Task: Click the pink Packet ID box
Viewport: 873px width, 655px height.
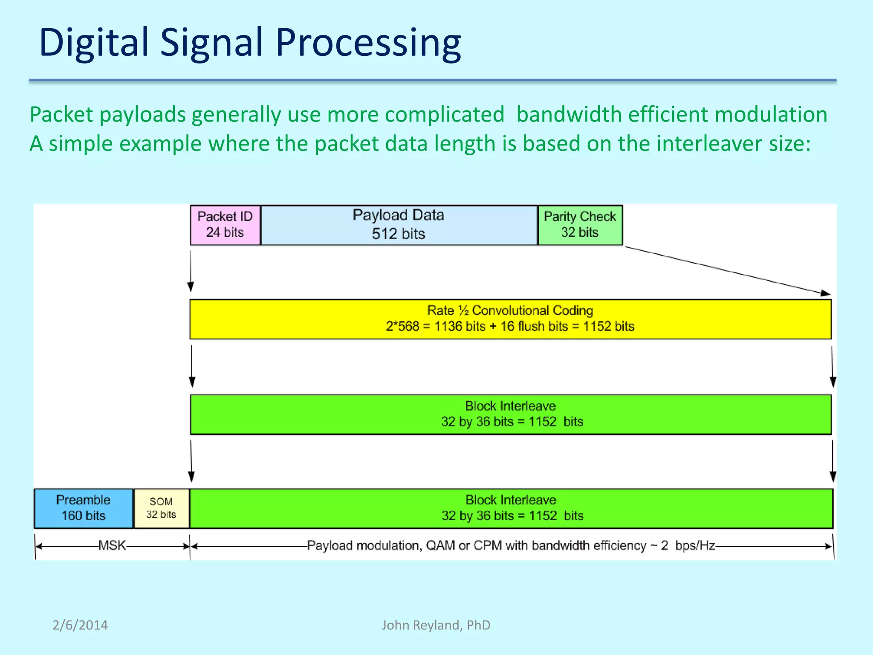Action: point(225,225)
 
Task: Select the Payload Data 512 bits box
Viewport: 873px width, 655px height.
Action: point(399,225)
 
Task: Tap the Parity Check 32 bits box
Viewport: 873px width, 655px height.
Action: point(580,225)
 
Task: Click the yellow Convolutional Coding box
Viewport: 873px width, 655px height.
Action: point(510,319)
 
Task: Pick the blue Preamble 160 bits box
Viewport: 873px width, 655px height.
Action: point(84,508)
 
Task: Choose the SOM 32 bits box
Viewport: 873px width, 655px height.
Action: point(161,508)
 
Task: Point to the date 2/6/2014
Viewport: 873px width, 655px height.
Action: point(80,625)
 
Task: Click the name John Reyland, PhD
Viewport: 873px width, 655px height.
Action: point(436,625)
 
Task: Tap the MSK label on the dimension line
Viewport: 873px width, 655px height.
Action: point(112,545)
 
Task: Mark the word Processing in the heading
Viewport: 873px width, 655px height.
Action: point(368,43)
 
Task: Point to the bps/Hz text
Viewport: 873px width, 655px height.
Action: point(695,546)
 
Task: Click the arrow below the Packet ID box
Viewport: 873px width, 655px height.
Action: point(191,270)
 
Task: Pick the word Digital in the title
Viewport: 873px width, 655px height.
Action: point(94,43)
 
